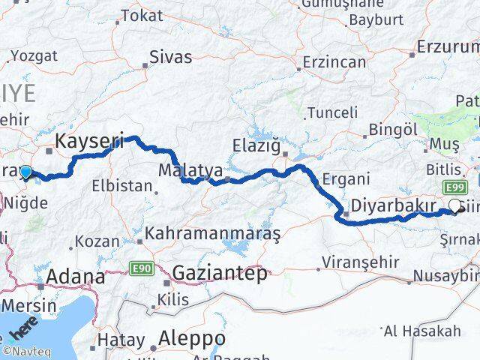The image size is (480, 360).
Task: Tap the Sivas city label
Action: (x=171, y=57)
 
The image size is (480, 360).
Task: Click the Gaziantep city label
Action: (x=220, y=274)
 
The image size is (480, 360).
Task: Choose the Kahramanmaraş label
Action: (x=213, y=235)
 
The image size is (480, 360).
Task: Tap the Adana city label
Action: (x=75, y=277)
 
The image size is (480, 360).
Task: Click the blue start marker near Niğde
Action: (x=26, y=173)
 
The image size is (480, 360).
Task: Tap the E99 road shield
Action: (x=452, y=187)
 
